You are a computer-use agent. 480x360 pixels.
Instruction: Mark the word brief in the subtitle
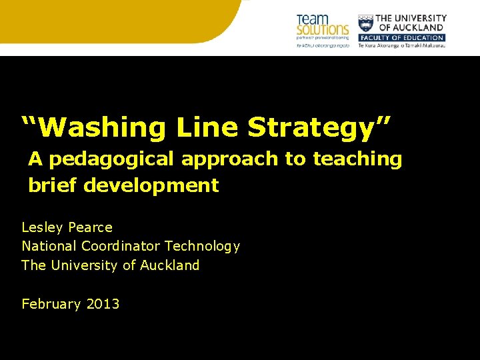point(53,185)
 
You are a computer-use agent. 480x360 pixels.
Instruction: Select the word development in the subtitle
point(151,185)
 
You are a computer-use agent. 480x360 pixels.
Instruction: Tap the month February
point(51,304)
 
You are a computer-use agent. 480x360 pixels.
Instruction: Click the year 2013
point(103,304)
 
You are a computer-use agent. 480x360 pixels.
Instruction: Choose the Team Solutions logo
point(322,29)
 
